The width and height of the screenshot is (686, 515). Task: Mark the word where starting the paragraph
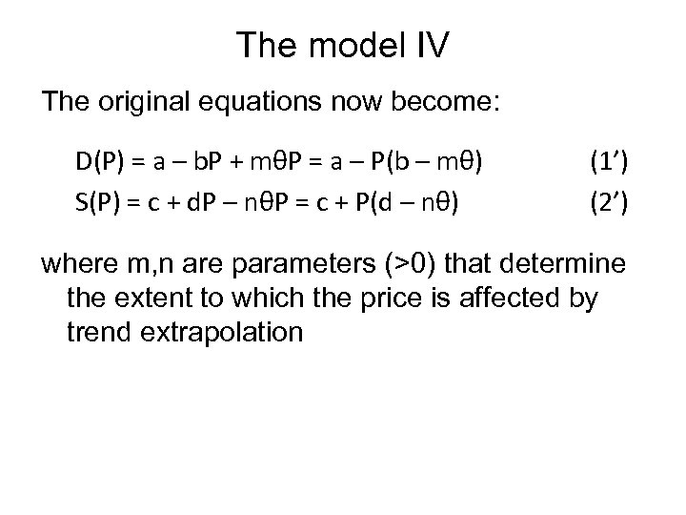(74, 263)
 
